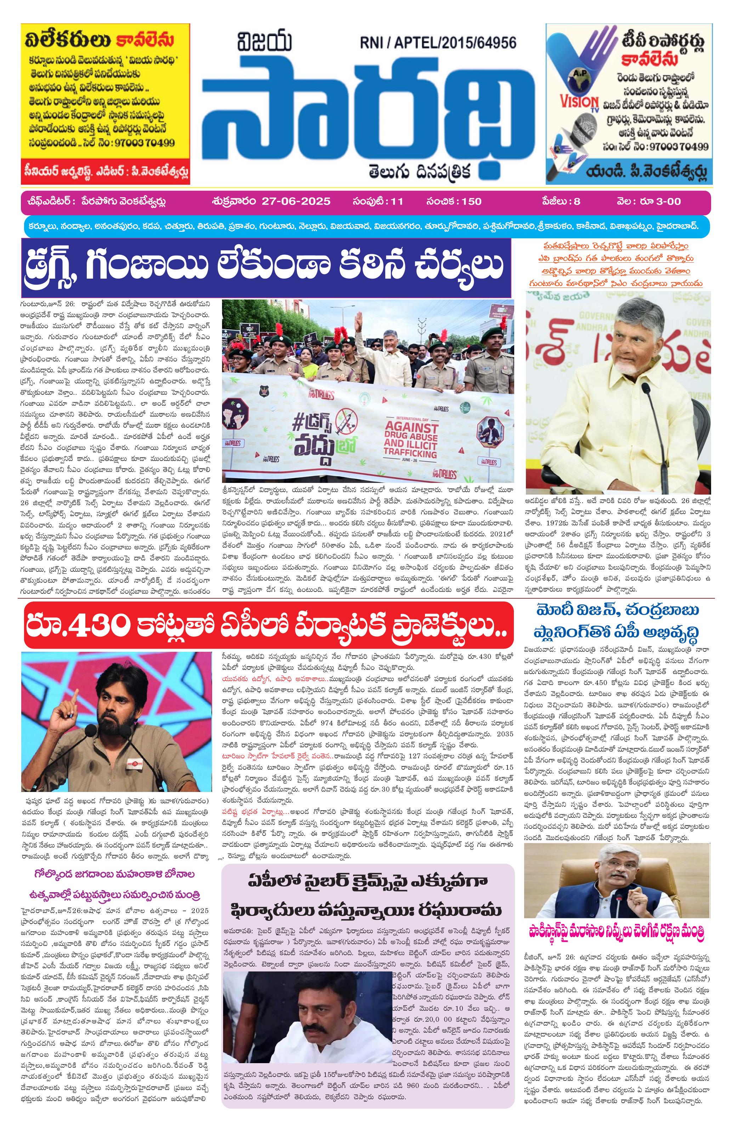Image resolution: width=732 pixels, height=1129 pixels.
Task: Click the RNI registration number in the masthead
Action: (x=437, y=43)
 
